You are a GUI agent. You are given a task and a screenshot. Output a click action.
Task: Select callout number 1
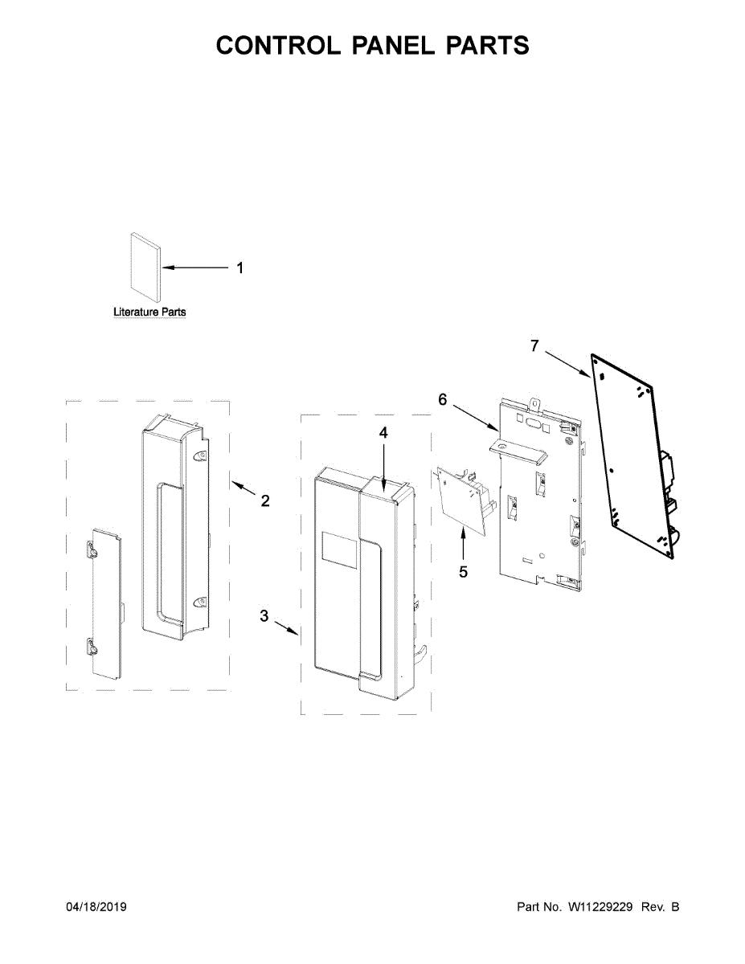coord(239,268)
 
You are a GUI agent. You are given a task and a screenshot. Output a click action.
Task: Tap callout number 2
coord(265,500)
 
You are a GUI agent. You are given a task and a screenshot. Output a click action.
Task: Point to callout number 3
coord(264,616)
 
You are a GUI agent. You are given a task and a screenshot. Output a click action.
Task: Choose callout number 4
coord(383,432)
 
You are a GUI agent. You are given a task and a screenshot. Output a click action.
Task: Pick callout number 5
coord(463,572)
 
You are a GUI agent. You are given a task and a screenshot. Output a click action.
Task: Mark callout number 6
coord(442,399)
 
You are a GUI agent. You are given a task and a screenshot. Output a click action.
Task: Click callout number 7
coord(534,345)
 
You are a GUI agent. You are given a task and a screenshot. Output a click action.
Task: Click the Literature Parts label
coord(149,312)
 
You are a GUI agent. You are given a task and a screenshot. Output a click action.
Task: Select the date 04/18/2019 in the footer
coord(96,907)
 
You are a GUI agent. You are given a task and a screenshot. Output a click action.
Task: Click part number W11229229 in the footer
coord(601,907)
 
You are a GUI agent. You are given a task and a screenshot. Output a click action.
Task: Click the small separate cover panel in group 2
coord(105,601)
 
